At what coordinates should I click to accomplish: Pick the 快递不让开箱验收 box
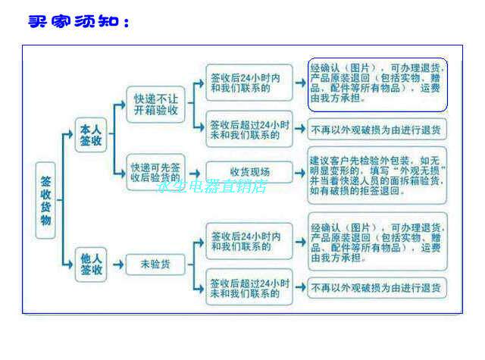coord(156,104)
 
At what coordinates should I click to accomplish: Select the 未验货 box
coord(155,264)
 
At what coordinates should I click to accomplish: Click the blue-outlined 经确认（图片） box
coord(377,83)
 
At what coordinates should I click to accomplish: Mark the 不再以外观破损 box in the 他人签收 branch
coord(377,287)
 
